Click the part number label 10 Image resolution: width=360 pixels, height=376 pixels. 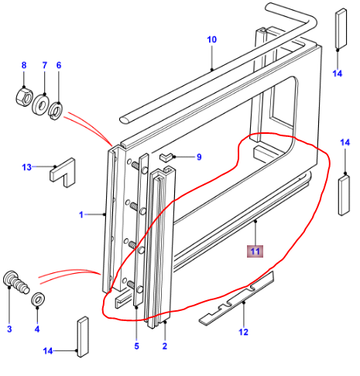[212, 38]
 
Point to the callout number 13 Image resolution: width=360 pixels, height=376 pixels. [26, 167]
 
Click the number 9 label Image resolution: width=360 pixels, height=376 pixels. [198, 158]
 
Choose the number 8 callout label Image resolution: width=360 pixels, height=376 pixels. [23, 65]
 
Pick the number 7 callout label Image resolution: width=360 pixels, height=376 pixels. [44, 65]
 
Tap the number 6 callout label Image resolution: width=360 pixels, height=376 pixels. [58, 65]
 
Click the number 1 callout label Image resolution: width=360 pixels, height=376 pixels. [81, 214]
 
